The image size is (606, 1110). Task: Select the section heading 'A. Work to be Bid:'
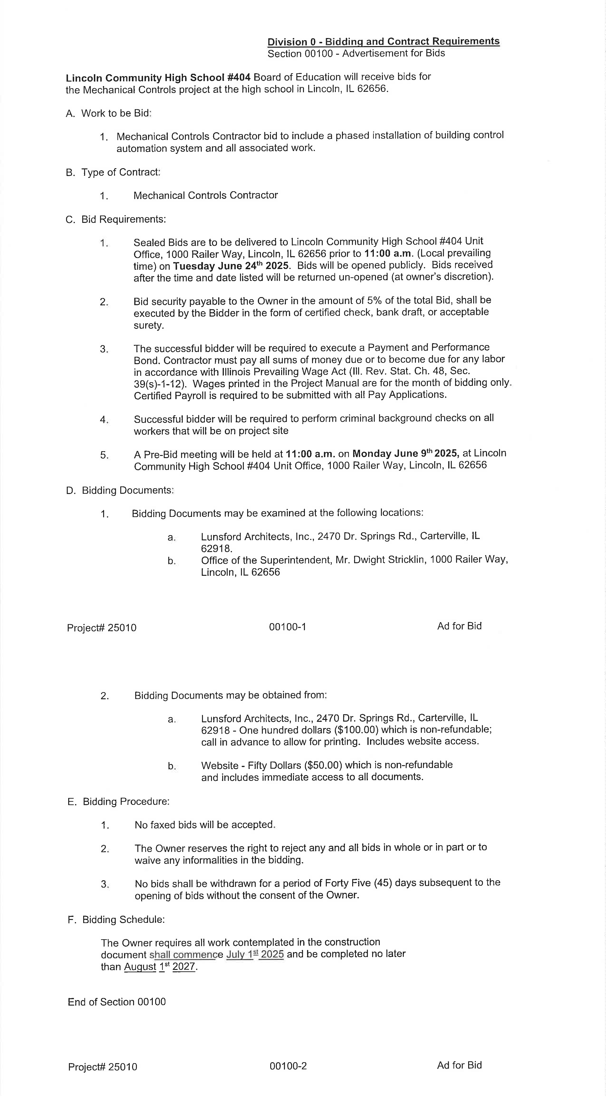pos(109,113)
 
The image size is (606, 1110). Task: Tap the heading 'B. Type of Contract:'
pos(113,172)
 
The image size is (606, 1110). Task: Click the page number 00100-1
pos(287,627)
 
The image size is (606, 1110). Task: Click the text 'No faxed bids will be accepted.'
pos(205,825)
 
